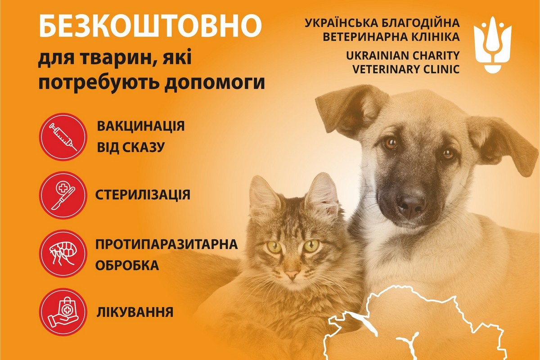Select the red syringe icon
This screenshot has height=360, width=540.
[63, 137]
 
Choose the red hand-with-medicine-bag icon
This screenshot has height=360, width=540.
[63, 312]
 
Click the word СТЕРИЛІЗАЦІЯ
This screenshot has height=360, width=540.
[143, 195]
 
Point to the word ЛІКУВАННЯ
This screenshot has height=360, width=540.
[135, 312]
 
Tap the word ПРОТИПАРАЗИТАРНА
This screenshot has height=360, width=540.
[166, 245]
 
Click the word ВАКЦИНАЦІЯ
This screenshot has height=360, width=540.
[140, 126]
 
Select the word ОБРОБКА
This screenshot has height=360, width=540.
[127, 265]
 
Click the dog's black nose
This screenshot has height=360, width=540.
[411, 204]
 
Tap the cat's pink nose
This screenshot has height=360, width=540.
[292, 274]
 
